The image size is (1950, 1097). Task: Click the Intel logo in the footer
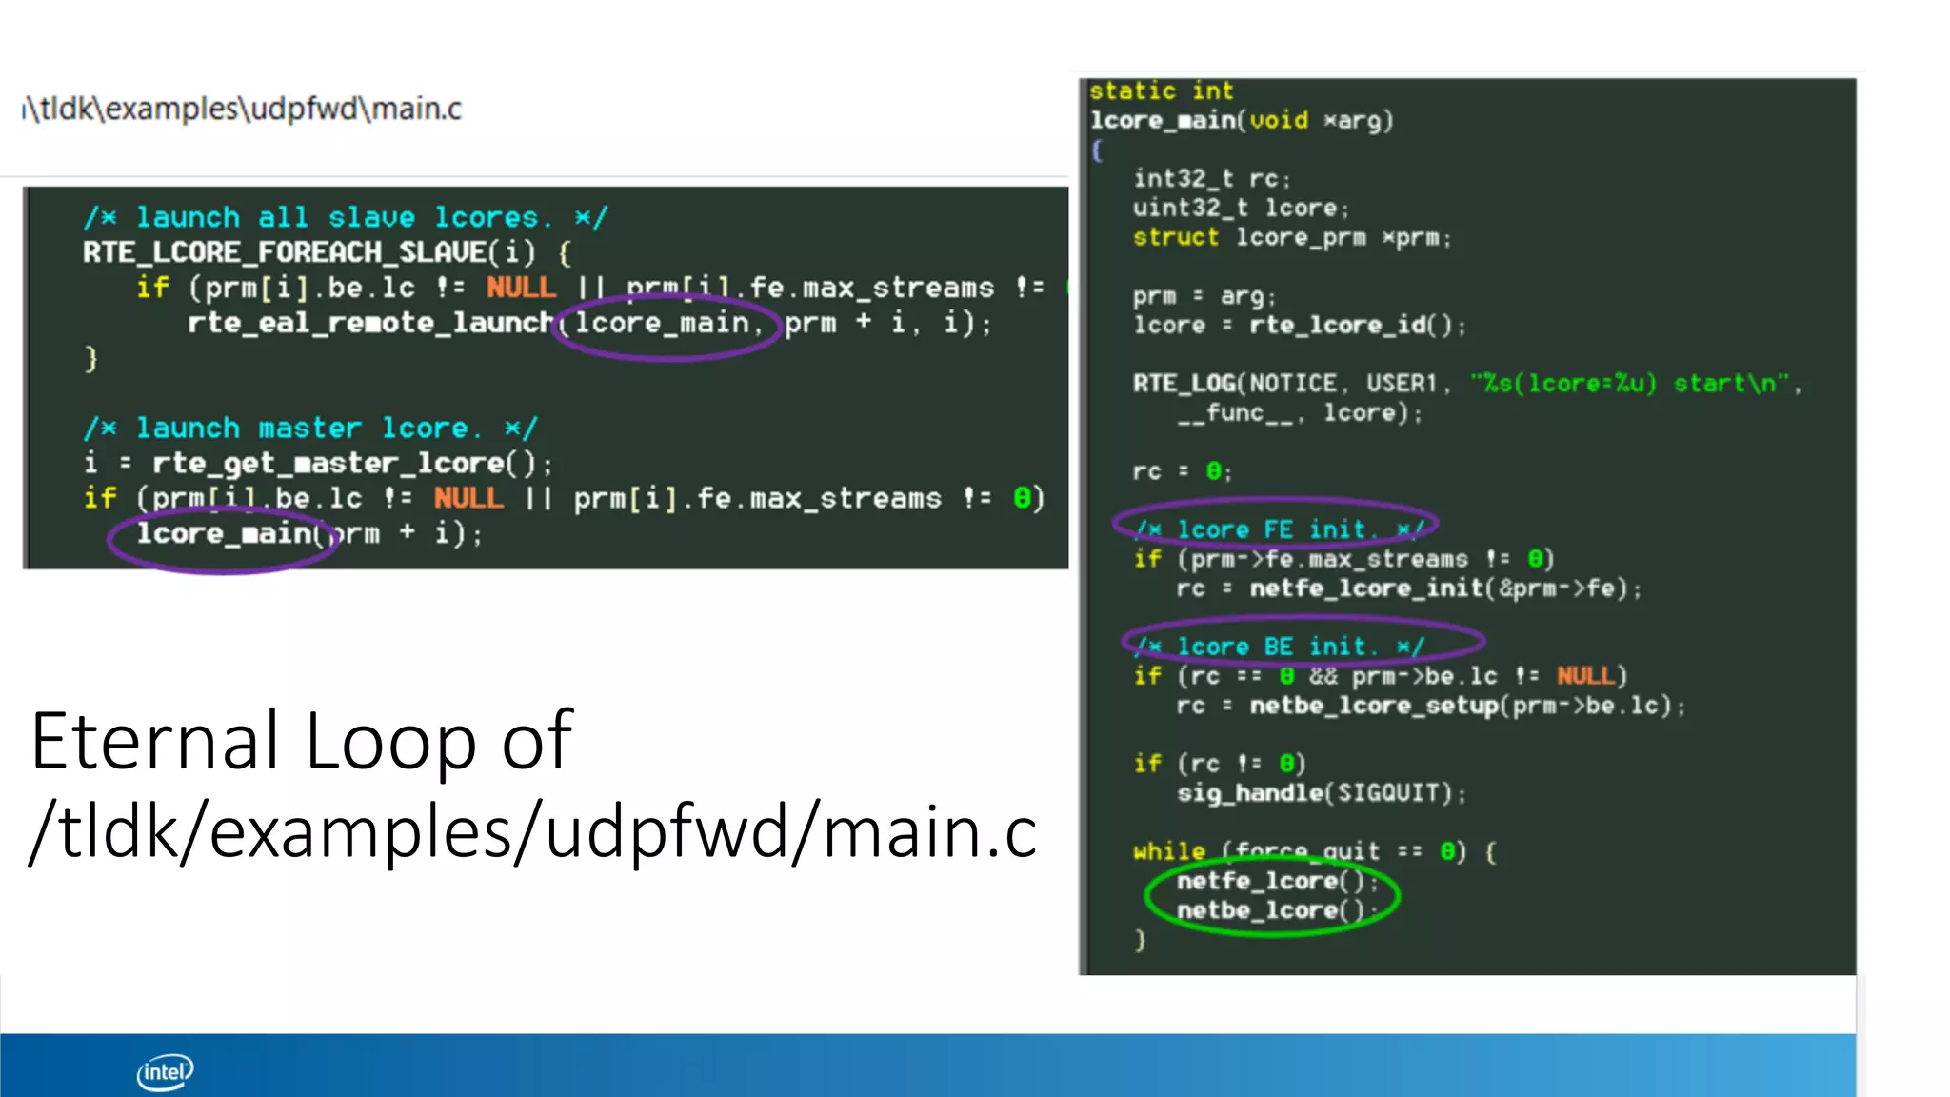pos(165,1071)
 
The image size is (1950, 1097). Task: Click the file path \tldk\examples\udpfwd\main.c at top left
pos(243,109)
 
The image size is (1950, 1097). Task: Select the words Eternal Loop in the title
pos(253,741)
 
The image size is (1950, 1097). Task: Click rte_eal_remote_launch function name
pos(369,323)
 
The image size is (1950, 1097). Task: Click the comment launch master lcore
pos(310,429)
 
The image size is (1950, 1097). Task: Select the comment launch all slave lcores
pos(345,218)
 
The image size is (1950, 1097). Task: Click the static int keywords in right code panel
pos(1161,91)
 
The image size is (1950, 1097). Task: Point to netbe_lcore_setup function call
pos(1373,706)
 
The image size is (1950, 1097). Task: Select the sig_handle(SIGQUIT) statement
pos(1321,793)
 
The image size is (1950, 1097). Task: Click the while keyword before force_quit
pos(1168,851)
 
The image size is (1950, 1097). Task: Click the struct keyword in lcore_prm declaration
pos(1175,237)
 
